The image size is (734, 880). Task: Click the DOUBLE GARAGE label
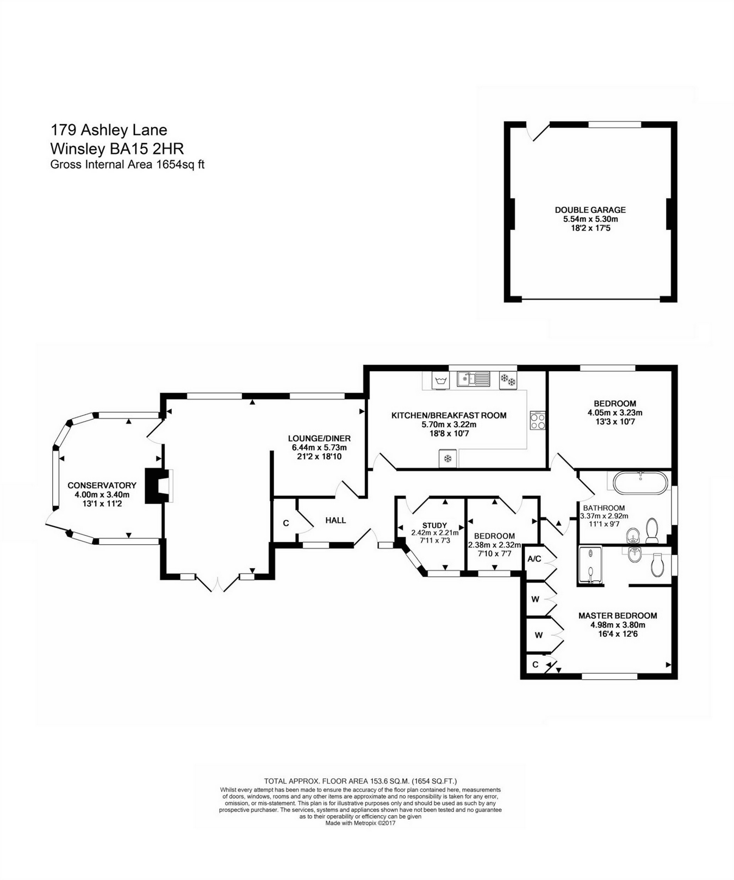(x=590, y=210)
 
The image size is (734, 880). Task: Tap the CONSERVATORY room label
(x=102, y=485)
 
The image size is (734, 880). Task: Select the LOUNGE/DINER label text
(x=319, y=438)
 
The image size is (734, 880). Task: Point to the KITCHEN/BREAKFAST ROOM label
(x=449, y=416)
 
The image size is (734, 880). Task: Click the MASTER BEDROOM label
(x=618, y=616)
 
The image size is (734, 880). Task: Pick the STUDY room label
(x=434, y=526)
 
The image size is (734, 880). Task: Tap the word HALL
(x=335, y=520)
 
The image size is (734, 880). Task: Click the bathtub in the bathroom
(x=640, y=483)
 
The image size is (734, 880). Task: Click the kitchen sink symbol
(x=473, y=378)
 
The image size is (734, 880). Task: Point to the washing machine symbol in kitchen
(x=439, y=380)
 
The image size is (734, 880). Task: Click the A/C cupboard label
(x=534, y=558)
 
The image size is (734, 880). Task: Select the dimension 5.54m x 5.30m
(x=590, y=219)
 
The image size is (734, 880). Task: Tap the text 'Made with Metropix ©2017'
(x=360, y=823)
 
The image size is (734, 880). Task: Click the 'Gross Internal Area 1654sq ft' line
(x=127, y=164)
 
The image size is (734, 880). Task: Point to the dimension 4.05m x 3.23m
(x=615, y=413)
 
